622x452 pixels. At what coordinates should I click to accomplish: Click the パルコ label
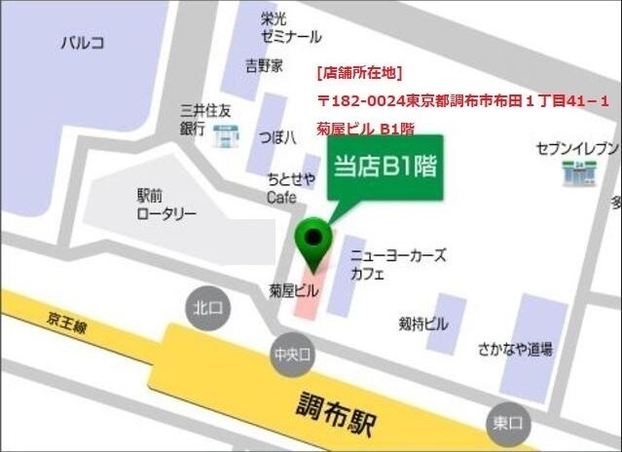[x=82, y=42]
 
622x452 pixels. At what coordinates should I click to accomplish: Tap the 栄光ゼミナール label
[x=290, y=27]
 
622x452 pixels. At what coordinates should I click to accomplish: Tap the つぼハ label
[x=277, y=136]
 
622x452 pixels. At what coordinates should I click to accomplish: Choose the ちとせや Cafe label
[x=288, y=188]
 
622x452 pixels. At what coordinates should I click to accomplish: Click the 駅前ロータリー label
[x=165, y=204]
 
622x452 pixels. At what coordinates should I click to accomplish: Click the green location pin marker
[x=313, y=237]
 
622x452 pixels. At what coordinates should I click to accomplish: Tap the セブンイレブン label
[x=576, y=148]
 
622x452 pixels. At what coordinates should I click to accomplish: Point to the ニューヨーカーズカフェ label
[x=398, y=264]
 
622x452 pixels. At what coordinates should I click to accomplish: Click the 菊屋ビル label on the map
[x=293, y=289]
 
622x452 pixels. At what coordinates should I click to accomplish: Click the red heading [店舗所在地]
[x=358, y=72]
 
